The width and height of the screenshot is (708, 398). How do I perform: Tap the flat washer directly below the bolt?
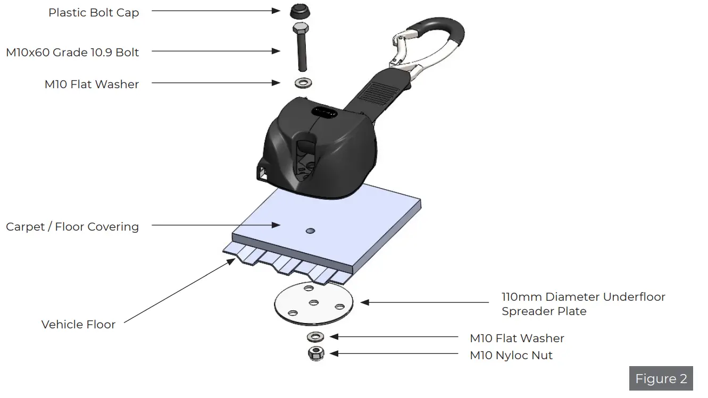click(303, 83)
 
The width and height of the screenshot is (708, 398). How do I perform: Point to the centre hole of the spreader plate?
click(314, 303)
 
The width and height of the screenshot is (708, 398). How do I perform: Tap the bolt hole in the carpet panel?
click(311, 231)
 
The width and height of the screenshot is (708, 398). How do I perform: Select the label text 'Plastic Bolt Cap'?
click(94, 13)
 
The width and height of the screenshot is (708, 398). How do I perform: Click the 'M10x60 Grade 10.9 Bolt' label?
click(72, 52)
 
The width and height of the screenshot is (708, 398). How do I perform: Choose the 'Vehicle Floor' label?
click(78, 324)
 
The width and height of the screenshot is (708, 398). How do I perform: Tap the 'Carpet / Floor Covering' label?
click(72, 227)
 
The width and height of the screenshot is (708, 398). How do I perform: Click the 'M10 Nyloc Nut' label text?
click(511, 355)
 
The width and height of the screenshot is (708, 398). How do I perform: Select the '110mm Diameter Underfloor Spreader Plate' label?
click(583, 304)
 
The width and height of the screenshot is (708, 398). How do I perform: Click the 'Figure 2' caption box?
click(661, 379)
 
